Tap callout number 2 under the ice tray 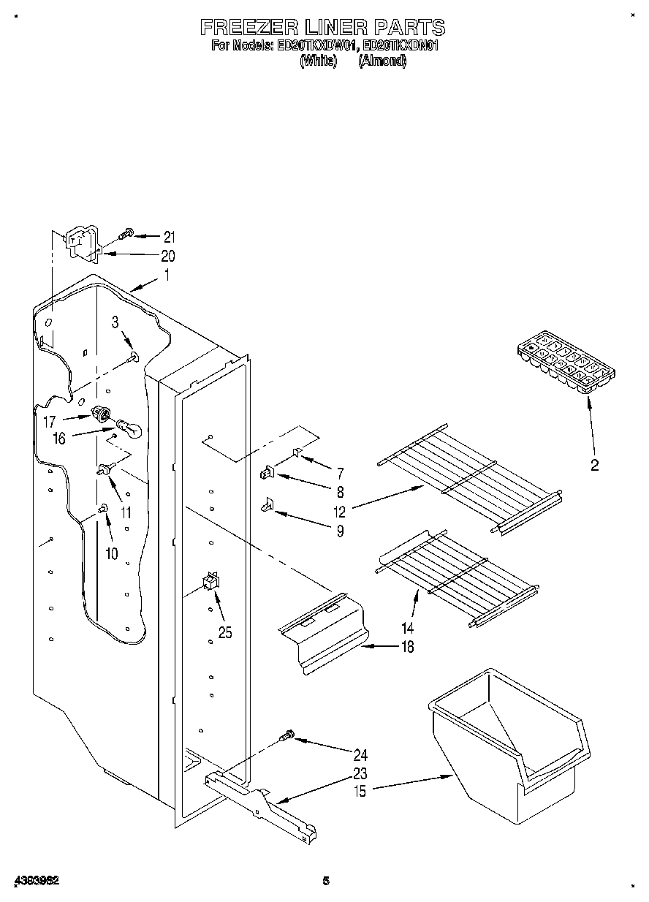tap(594, 465)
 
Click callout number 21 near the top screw tap(169, 236)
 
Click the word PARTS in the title tap(409, 28)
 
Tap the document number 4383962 tap(36, 881)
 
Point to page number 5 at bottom tap(326, 881)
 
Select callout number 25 tap(225, 634)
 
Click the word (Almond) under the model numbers tap(382, 61)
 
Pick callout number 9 tap(340, 531)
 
